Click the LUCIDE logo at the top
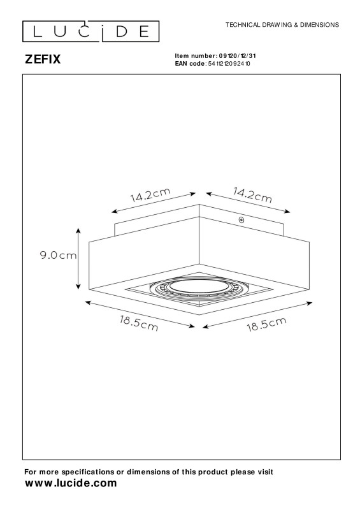coord(90,31)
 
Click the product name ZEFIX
coord(43,59)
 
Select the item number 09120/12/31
coord(238,56)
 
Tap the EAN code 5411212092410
coord(229,63)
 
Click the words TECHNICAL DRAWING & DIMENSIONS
coord(282,25)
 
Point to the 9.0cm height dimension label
coord(58,256)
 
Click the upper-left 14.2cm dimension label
coord(150,195)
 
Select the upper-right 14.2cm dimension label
coord(252,195)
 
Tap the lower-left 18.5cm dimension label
coord(139,323)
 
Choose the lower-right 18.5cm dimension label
coord(267,324)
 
